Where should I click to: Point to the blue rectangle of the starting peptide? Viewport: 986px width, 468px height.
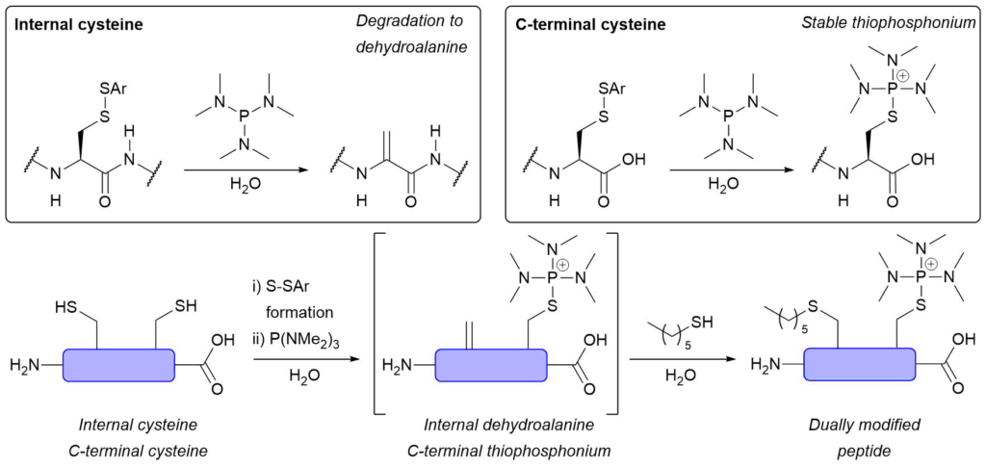[118, 366]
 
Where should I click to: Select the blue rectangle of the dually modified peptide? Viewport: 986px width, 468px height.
[860, 366]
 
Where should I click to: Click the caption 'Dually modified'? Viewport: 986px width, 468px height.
[860, 426]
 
